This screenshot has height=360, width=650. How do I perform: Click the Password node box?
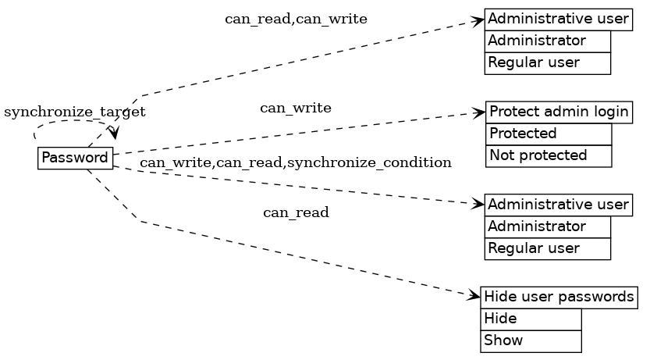click(75, 158)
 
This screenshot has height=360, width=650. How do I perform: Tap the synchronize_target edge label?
click(75, 112)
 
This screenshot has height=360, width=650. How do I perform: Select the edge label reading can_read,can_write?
click(296, 19)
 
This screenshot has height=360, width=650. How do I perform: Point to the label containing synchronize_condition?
click(296, 162)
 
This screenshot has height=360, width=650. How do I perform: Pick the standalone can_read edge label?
click(296, 212)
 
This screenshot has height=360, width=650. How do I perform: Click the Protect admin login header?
click(559, 112)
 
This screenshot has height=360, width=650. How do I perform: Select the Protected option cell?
click(549, 134)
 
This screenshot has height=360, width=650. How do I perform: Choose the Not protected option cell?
click(549, 155)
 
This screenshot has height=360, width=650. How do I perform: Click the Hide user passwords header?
click(559, 298)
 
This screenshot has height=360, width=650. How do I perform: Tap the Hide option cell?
click(531, 319)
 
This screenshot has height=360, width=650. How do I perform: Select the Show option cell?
click(531, 341)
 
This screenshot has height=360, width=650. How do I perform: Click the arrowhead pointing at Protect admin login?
click(480, 113)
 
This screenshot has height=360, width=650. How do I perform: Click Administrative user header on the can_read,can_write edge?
click(558, 19)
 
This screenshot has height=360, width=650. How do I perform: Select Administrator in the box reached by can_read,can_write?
click(547, 41)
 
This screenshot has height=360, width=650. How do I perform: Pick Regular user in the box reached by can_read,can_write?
click(547, 62)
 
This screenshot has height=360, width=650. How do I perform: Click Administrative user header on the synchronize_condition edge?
click(558, 205)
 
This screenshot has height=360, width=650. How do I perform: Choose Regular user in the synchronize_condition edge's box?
click(547, 248)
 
